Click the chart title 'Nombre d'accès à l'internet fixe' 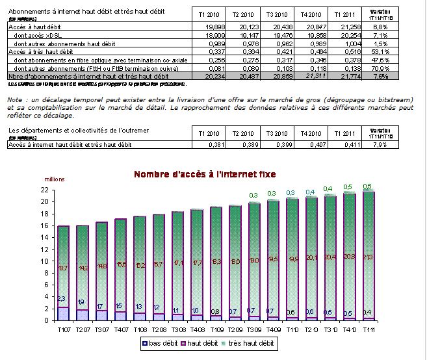pyautogui.click(x=205, y=174)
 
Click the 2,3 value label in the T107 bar pyautogui.click(x=62, y=299)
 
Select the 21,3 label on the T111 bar pyautogui.click(x=368, y=257)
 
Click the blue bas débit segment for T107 pyautogui.click(x=63, y=313)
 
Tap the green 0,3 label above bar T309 pyautogui.click(x=253, y=194)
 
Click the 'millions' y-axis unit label pyautogui.click(x=55, y=179)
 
